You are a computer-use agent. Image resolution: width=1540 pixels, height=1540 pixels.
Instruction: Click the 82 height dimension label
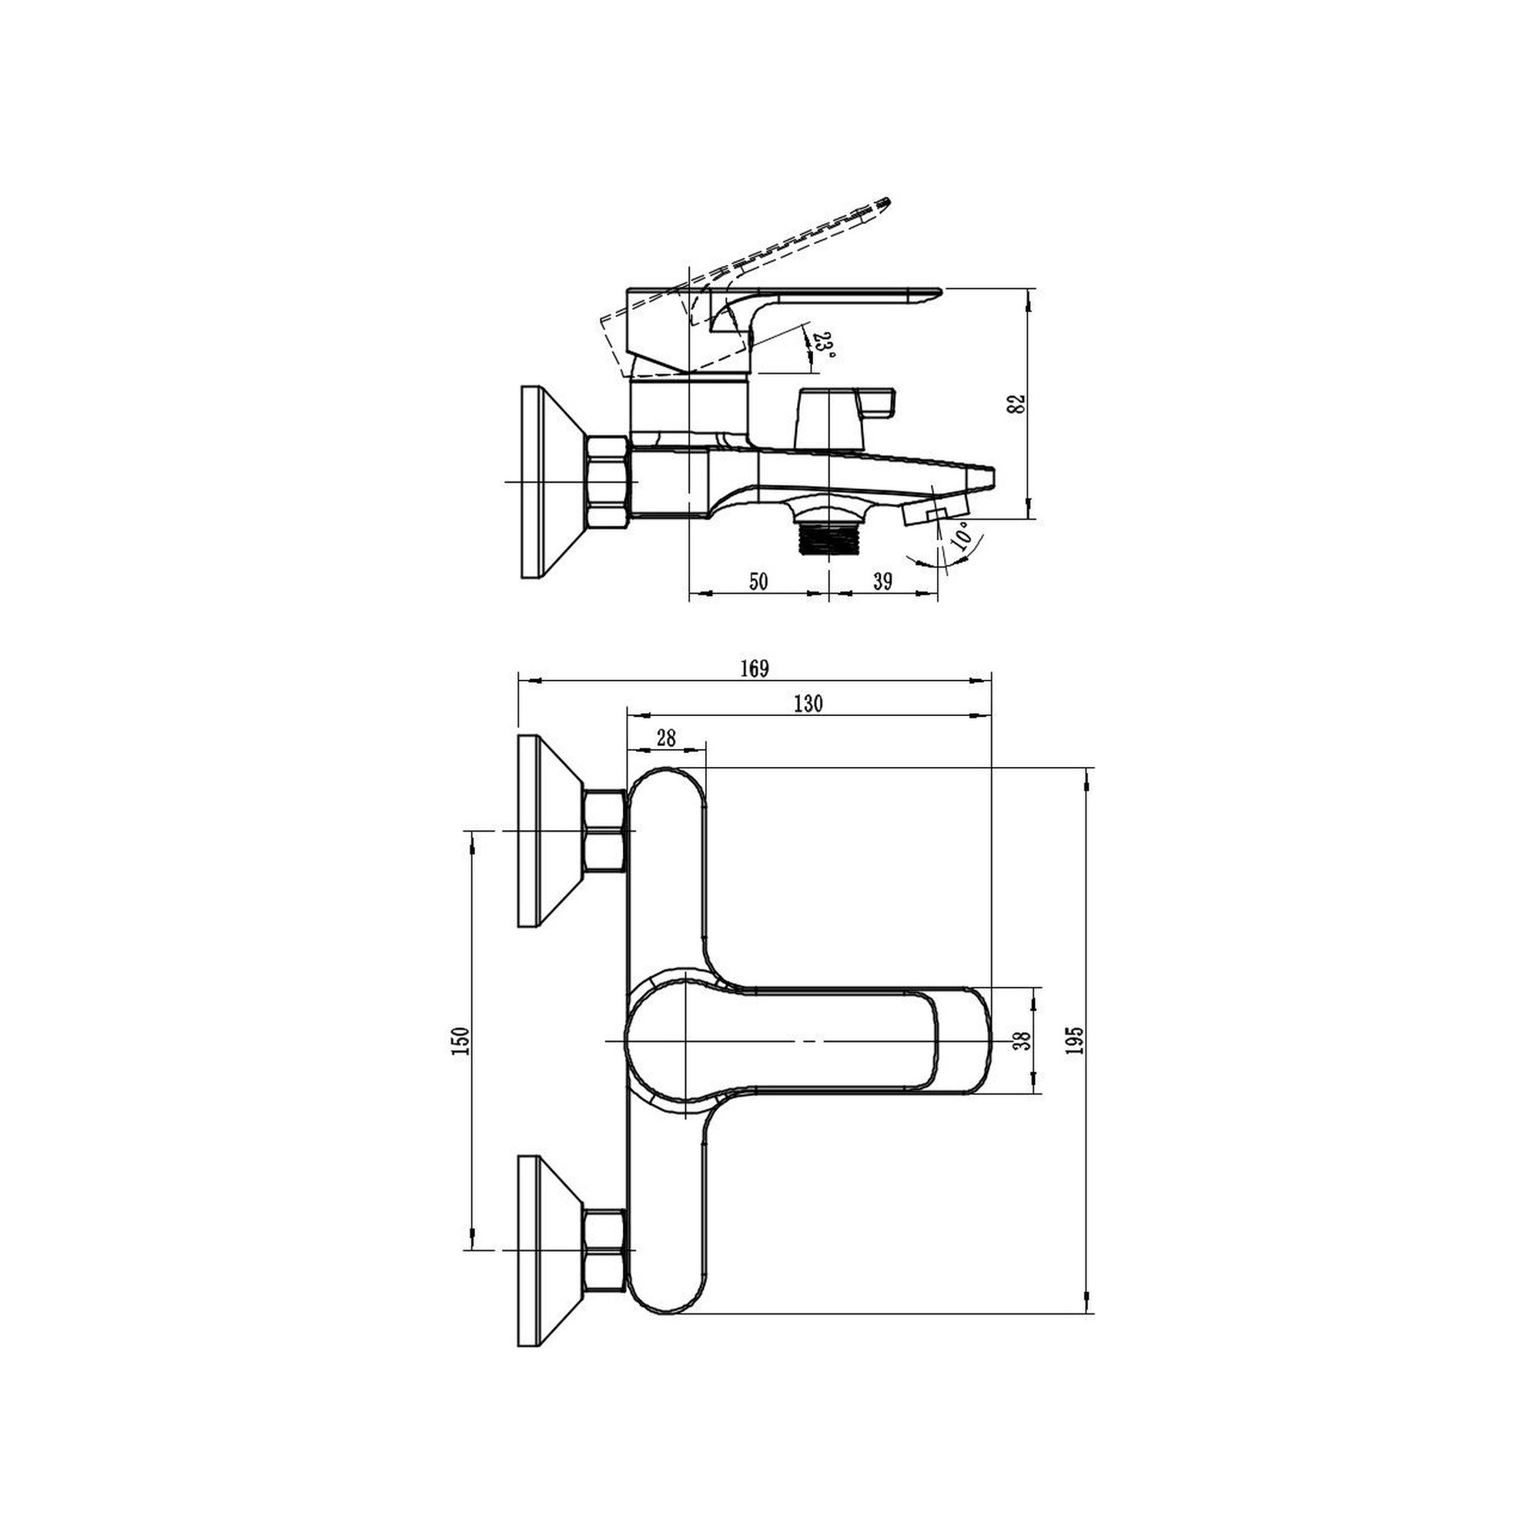pyautogui.click(x=1016, y=403)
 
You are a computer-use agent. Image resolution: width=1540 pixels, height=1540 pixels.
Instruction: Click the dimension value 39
pyautogui.click(x=882, y=581)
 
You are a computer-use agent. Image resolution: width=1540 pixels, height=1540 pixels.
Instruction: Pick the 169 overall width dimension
pyautogui.click(x=754, y=669)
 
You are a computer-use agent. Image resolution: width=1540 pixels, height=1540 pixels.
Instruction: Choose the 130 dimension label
pyautogui.click(x=808, y=703)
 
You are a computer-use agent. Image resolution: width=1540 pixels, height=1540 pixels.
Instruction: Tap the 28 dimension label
pyautogui.click(x=665, y=738)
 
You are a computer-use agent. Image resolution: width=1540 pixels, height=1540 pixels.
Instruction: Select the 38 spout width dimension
pyautogui.click(x=1022, y=1040)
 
